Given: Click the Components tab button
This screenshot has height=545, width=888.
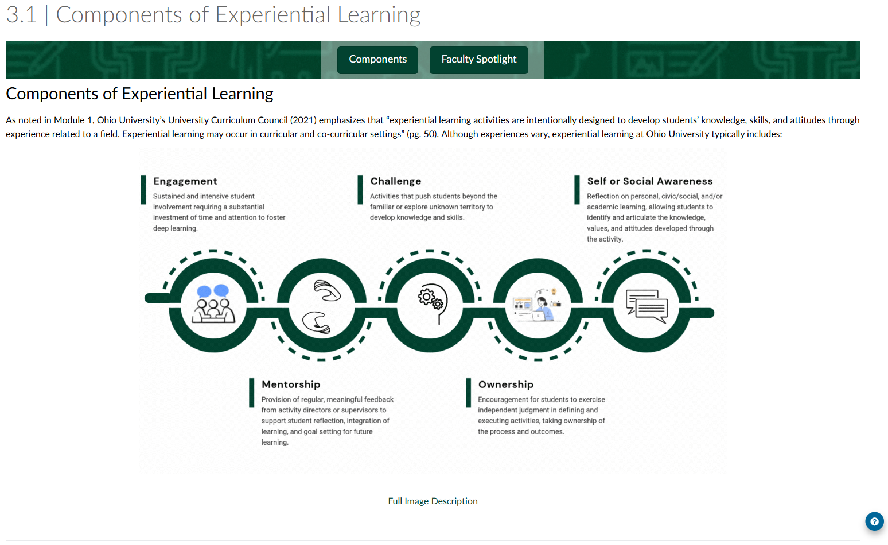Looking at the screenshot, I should click(x=377, y=60).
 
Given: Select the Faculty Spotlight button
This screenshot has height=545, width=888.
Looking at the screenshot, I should click(x=478, y=60).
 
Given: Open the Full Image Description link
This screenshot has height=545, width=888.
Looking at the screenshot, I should click(x=433, y=501).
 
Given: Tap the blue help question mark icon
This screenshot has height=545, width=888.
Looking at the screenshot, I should click(x=874, y=521).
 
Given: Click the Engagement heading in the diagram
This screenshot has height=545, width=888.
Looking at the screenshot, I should click(x=185, y=181).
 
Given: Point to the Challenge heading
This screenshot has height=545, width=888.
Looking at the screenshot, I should click(x=396, y=181).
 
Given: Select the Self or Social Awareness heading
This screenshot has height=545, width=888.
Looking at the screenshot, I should click(x=650, y=181).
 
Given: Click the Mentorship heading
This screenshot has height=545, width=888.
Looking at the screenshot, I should click(x=291, y=384).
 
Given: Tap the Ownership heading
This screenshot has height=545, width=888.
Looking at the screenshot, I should click(x=506, y=384).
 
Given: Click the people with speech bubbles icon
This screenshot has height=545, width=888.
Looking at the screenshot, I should click(x=213, y=304).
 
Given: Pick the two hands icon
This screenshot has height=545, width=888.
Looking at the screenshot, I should click(x=321, y=306).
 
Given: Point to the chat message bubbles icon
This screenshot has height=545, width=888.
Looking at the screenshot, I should click(x=646, y=305).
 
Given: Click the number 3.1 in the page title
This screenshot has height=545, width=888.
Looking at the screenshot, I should click(x=21, y=15).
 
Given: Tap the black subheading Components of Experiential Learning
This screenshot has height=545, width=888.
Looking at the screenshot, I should click(x=139, y=94).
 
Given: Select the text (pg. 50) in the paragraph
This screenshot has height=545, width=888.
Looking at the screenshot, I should click(x=422, y=134).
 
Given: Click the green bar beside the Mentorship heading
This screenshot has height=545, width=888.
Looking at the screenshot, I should click(x=251, y=392).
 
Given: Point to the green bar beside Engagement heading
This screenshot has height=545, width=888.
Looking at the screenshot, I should click(x=143, y=189).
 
